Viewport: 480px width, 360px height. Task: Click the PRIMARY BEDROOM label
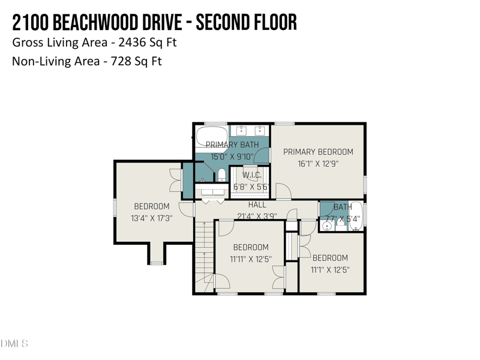(318, 152)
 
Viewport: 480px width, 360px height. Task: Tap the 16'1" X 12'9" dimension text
(318, 163)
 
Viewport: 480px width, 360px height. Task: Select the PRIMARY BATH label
(232, 145)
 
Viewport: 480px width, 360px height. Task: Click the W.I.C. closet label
(251, 175)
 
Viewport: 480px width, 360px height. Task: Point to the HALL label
(257, 205)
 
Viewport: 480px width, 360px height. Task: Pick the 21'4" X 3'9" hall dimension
(257, 216)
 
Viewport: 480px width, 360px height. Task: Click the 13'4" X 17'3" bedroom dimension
(152, 218)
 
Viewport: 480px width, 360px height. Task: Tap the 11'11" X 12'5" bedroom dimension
(251, 259)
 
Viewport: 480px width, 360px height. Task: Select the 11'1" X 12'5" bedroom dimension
(329, 270)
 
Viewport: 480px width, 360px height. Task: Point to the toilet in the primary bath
(221, 175)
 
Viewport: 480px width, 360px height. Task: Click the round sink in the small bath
(328, 226)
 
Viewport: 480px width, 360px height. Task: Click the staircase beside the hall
(203, 255)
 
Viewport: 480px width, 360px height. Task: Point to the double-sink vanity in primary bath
(250, 130)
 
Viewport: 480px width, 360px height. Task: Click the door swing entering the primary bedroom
(283, 192)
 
